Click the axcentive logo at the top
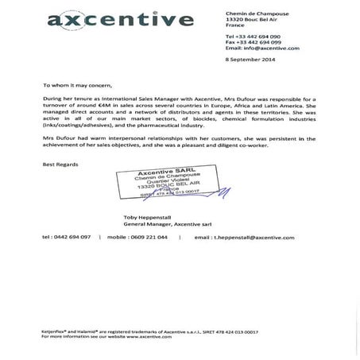point(120,19)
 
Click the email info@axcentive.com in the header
point(262,48)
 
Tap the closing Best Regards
point(57,164)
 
